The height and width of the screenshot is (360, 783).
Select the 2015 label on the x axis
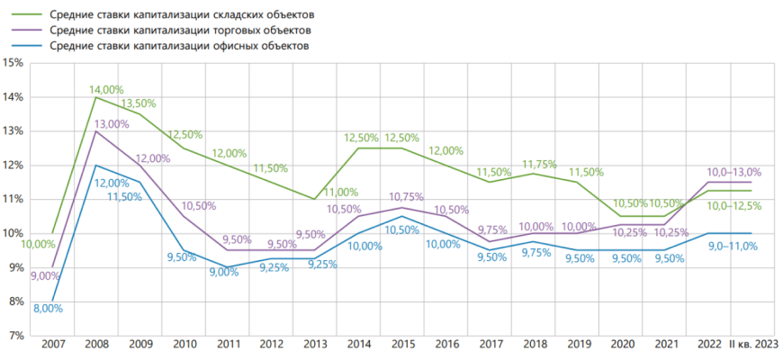point(402,346)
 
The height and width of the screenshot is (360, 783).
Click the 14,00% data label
point(106,89)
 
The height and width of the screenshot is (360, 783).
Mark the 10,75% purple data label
point(407,197)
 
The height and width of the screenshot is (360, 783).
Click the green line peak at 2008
point(95,97)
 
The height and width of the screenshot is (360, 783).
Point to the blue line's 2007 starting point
point(52,301)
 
